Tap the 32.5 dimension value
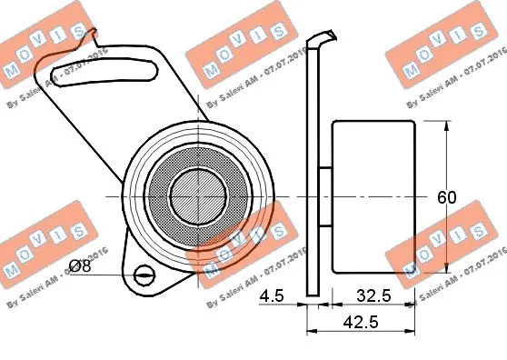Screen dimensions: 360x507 374,295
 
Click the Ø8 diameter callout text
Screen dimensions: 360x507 81,265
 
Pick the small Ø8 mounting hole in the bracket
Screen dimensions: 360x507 144,275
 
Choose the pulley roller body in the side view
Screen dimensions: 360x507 373,195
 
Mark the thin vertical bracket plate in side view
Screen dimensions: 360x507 313,182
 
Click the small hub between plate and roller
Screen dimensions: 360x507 325,195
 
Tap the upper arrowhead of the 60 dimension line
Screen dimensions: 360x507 447,126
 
